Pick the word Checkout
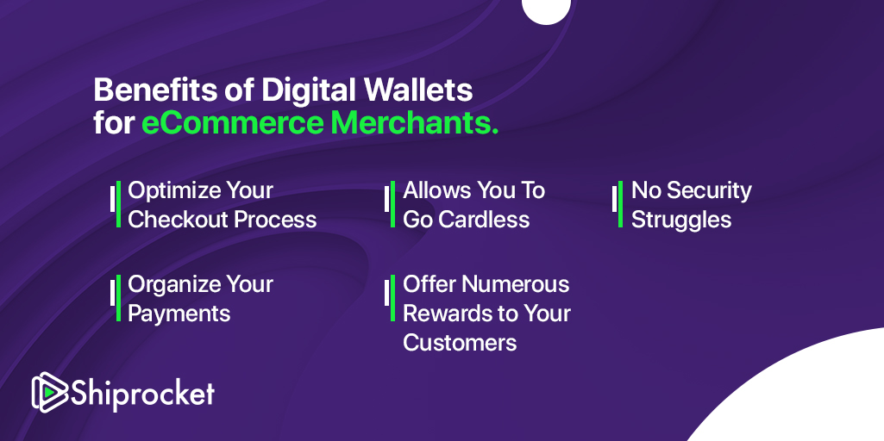point(176,220)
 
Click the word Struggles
point(681,220)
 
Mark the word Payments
point(179,314)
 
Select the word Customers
point(460,343)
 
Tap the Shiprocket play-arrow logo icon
point(50,391)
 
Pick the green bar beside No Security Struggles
point(620,204)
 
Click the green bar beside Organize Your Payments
point(118,299)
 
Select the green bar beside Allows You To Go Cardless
point(392,204)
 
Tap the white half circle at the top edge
point(546,11)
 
